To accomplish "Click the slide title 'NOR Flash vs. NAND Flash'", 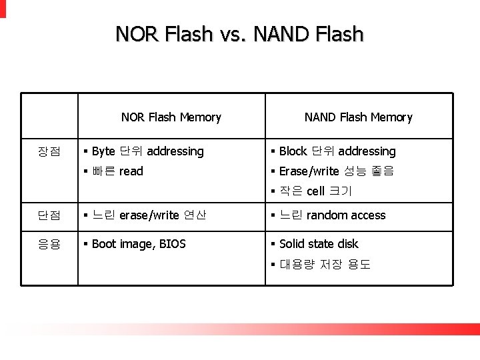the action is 239,34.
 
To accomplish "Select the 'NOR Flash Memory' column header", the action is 171,117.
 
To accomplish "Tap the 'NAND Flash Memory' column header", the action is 358,117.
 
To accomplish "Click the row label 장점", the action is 49,152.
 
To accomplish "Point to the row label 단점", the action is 49,215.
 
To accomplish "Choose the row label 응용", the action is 49,244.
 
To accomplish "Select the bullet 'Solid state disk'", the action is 319,244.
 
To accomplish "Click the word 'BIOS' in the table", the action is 172,244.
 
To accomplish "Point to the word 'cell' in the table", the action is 315,191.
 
